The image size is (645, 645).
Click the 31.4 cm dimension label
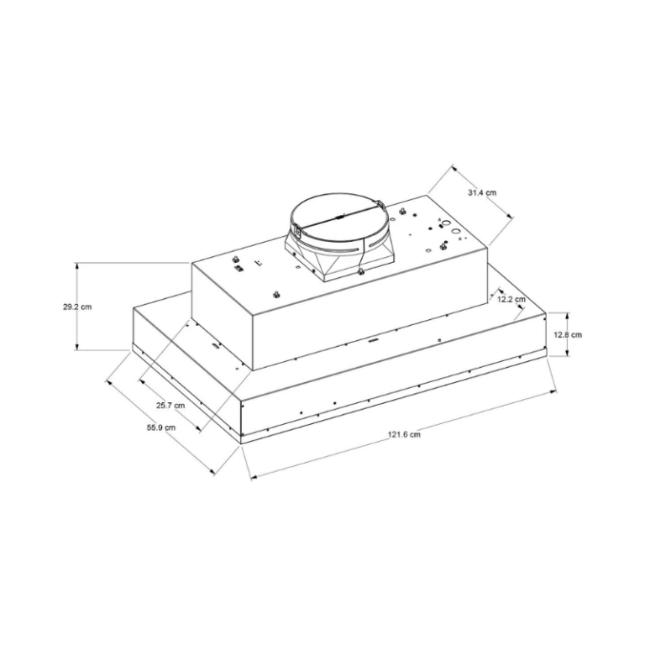pos(482,193)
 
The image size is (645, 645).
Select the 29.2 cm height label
pos(77,307)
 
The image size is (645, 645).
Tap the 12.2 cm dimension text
pos(511,299)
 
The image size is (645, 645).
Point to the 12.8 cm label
pos(569,334)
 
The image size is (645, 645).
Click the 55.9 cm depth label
pos(160,427)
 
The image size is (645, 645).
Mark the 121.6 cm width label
pos(404,434)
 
